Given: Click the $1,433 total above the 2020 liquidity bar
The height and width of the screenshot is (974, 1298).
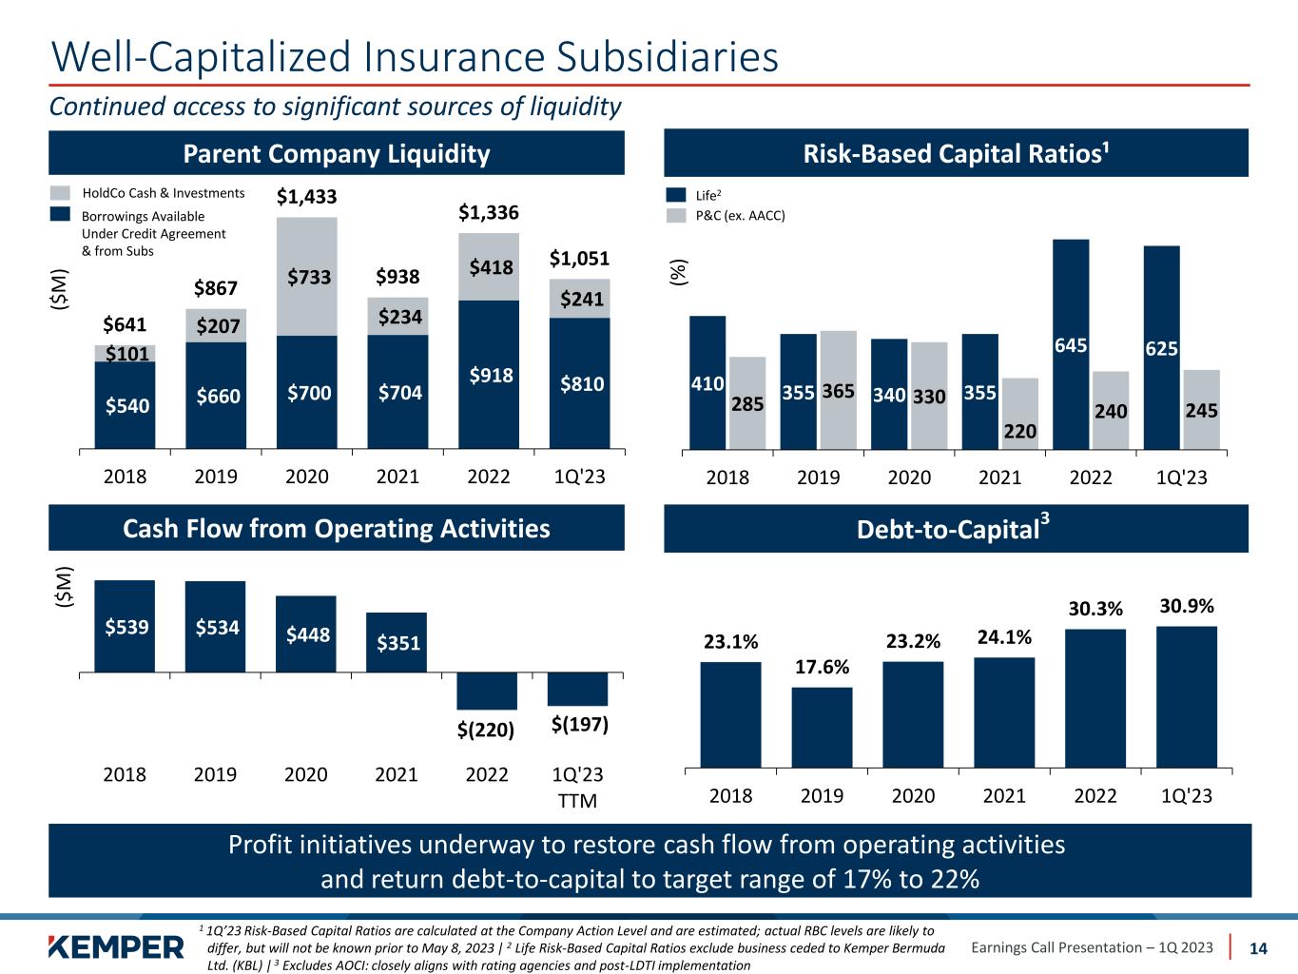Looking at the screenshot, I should coord(306,198).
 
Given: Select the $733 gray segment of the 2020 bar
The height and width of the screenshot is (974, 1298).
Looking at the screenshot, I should coord(306,276).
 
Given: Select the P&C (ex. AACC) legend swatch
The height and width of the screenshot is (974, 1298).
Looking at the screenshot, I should coord(676,216).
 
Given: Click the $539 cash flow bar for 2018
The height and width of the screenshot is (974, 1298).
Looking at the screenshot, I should coord(125,626).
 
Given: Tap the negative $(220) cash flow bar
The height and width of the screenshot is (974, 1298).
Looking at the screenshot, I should coord(487,691).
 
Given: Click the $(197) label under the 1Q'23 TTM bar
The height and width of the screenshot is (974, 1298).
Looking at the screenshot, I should coord(579,725).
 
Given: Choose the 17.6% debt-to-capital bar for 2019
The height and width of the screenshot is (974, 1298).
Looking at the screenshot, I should coord(822,727).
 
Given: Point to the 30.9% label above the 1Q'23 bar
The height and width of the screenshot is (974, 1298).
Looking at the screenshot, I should coord(1186,606).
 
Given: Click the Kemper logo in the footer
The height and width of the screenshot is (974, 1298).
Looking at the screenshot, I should coord(117,947).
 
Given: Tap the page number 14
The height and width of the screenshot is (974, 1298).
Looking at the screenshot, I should coord(1258,947).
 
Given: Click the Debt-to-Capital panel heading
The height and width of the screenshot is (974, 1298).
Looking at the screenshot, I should coord(956,529).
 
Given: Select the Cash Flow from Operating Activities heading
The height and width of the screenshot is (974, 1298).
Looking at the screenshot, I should coord(337,529).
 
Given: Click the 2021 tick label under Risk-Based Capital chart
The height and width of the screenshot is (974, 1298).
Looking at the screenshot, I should coord(999,477).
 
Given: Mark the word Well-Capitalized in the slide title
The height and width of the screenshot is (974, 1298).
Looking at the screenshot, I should coord(201,57).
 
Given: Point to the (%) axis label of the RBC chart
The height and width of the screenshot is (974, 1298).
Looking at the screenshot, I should coord(678,273).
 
